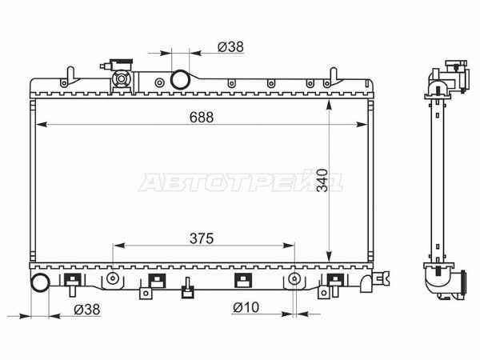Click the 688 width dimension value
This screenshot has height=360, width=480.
pyautogui.click(x=201, y=118)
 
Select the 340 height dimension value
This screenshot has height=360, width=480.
pyautogui.click(x=322, y=180)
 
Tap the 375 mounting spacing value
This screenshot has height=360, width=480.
pyautogui.click(x=202, y=238)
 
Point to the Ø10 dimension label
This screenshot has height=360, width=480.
pyautogui.click(x=246, y=307)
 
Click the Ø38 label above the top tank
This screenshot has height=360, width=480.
pyautogui.click(x=231, y=47)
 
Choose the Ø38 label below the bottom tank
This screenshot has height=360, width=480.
pyautogui.click(x=87, y=310)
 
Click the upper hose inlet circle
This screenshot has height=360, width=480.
pyautogui.click(x=180, y=79)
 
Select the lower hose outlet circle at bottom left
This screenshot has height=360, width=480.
pyautogui.click(x=40, y=282)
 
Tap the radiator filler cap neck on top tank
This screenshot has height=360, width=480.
pyautogui.click(x=122, y=79)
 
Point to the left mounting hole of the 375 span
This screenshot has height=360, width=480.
pyautogui.click(x=113, y=278)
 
